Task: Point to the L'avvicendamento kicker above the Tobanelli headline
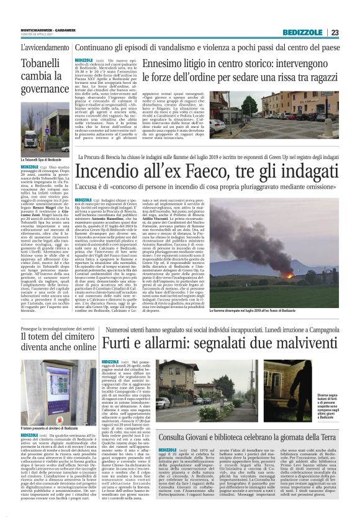click(45, 48)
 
